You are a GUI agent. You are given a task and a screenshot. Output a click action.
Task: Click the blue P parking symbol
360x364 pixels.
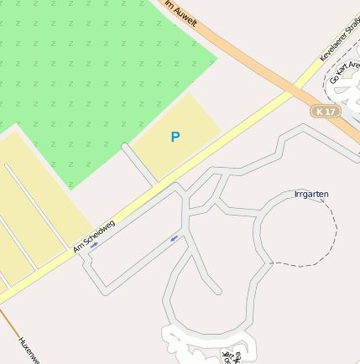(175, 137)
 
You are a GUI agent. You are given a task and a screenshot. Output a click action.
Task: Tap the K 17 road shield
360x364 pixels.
(325, 112)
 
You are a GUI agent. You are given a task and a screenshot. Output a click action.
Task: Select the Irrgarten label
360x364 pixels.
(311, 194)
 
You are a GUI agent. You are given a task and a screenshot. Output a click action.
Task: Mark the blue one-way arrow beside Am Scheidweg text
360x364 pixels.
(94, 245)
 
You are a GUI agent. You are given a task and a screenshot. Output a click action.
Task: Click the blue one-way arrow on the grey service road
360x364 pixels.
(175, 238)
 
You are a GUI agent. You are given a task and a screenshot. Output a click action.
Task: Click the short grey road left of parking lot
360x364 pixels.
(138, 164)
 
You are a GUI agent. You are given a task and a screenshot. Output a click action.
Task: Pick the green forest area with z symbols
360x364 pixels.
(101, 75)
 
